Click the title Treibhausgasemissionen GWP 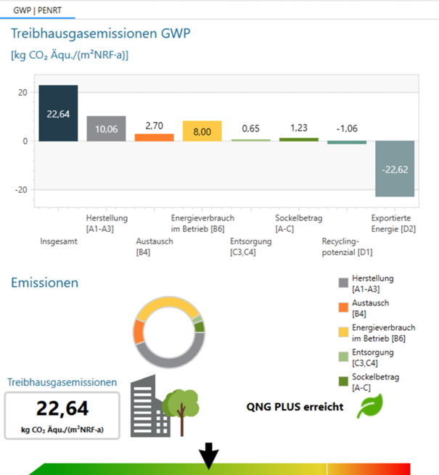(x=101, y=34)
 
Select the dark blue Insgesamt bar (x=58, y=113)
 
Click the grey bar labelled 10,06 (x=106, y=128)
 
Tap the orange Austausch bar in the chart (x=154, y=137)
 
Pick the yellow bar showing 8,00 (x=202, y=131)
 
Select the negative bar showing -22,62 (x=394, y=169)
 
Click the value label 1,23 (x=298, y=127)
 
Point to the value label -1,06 (x=346, y=128)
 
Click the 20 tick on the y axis (x=23, y=92)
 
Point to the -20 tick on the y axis (x=22, y=189)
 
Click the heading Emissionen (x=44, y=283)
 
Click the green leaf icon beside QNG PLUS (x=369, y=407)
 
